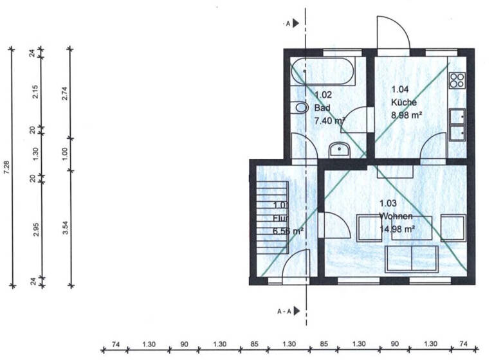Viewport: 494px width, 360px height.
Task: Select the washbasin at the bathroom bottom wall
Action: (x=338, y=150)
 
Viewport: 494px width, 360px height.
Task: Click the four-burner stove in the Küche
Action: (x=457, y=80)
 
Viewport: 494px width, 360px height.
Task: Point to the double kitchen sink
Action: (x=457, y=123)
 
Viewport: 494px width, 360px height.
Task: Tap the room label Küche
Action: (x=404, y=102)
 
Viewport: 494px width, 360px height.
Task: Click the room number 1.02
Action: (x=323, y=94)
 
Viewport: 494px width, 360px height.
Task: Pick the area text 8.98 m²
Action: (x=407, y=116)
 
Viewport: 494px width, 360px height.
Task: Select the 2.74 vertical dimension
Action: (x=64, y=94)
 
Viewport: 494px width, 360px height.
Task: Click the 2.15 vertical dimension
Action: (x=35, y=93)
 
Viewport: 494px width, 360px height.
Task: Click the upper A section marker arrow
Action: (x=295, y=23)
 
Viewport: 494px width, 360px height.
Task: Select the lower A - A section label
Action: (x=286, y=311)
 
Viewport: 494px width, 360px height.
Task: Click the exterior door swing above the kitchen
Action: (x=392, y=33)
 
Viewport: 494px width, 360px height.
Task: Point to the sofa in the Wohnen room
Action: (x=411, y=258)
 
